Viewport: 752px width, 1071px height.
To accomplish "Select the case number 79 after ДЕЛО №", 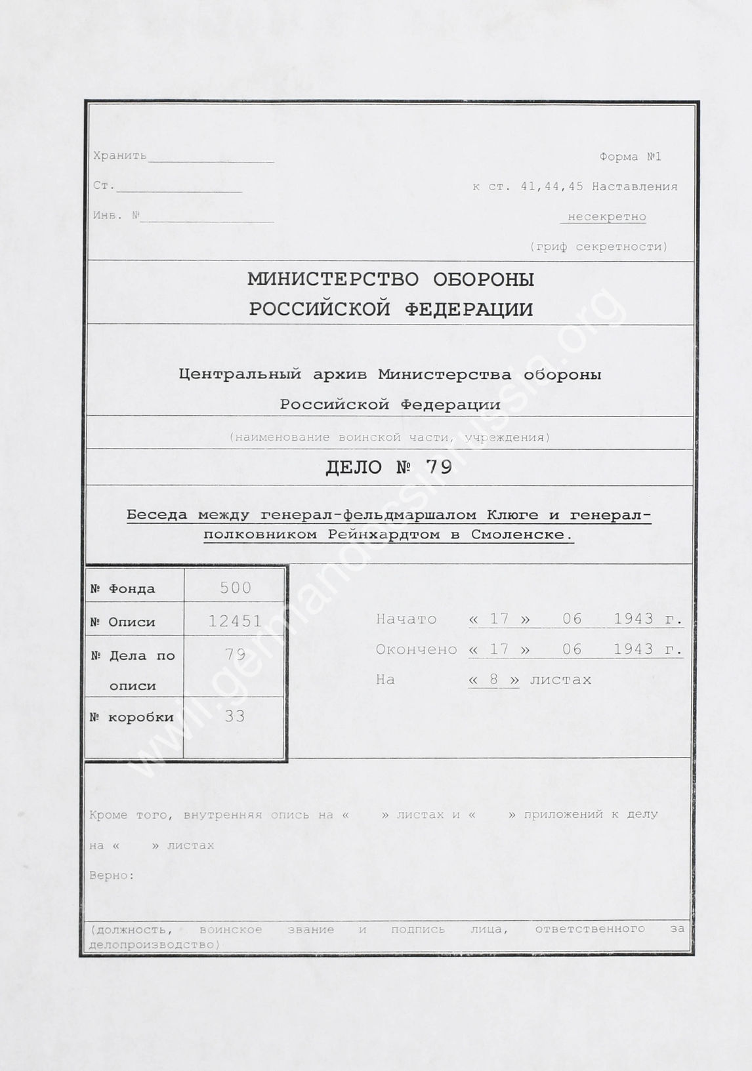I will (x=438, y=467).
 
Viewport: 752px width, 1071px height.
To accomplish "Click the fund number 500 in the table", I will (x=236, y=588).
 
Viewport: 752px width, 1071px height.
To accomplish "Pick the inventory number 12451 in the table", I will (x=235, y=620).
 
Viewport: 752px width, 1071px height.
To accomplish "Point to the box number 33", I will (x=234, y=716).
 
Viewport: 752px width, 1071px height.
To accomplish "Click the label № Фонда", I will (x=123, y=589).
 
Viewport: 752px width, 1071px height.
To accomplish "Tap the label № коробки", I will (x=131, y=717).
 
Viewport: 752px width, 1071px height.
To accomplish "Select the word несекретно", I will (x=606, y=216).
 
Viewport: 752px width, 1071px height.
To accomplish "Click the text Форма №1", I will (x=630, y=157).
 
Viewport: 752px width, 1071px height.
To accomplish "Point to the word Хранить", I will (x=120, y=156).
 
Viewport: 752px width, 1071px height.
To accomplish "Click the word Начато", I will (x=406, y=619).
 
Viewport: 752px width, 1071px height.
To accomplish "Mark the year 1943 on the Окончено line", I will (x=633, y=649).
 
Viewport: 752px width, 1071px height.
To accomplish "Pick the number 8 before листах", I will (x=493, y=679).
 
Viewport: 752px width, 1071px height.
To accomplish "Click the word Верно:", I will (x=112, y=876).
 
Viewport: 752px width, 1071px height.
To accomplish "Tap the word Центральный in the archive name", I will (x=240, y=375).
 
